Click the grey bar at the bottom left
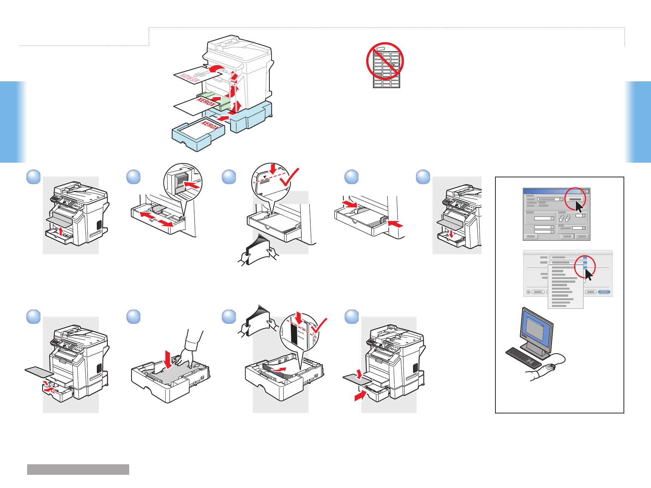click(x=78, y=469)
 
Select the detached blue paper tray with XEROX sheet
click(x=198, y=134)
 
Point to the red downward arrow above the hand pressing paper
click(x=168, y=358)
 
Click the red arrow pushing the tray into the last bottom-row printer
click(x=360, y=395)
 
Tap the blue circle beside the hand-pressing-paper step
click(x=133, y=317)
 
